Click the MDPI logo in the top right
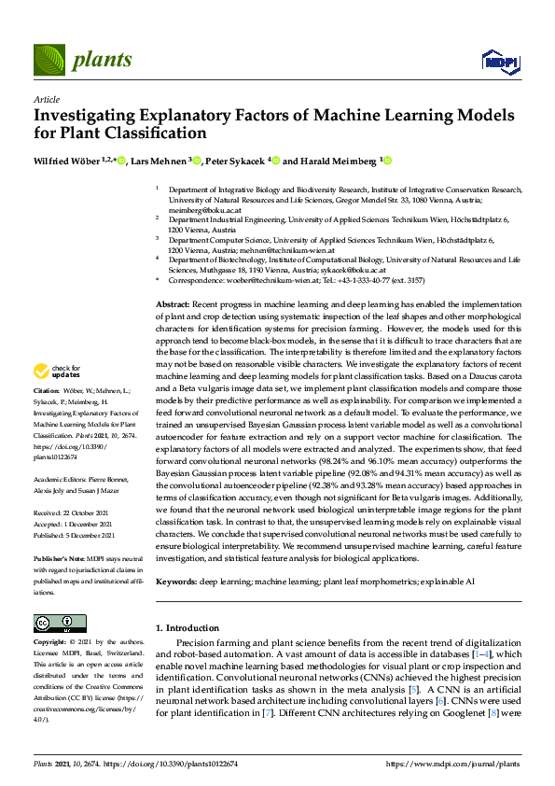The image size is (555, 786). click(x=499, y=62)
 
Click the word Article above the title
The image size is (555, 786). click(x=46, y=99)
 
